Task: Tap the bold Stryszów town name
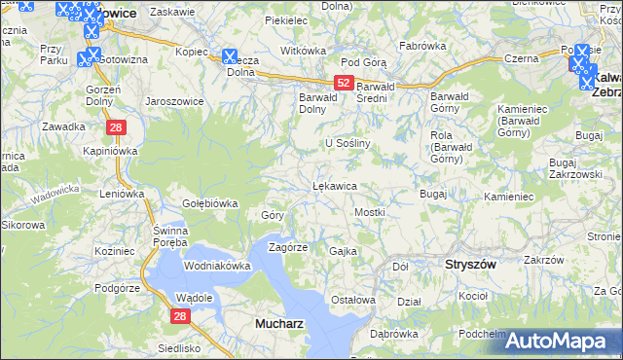[x=470, y=264]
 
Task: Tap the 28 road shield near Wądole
[x=180, y=316]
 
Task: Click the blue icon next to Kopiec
[x=230, y=57]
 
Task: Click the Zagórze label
[x=288, y=247]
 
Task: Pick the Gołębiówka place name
[x=210, y=203]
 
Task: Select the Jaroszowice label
[x=171, y=100]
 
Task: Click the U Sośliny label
[x=349, y=143]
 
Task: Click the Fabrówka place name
[x=422, y=46]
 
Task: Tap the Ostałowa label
[x=352, y=300]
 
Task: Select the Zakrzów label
[x=544, y=260]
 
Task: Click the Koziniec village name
[x=116, y=251]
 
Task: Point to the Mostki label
[x=370, y=211]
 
